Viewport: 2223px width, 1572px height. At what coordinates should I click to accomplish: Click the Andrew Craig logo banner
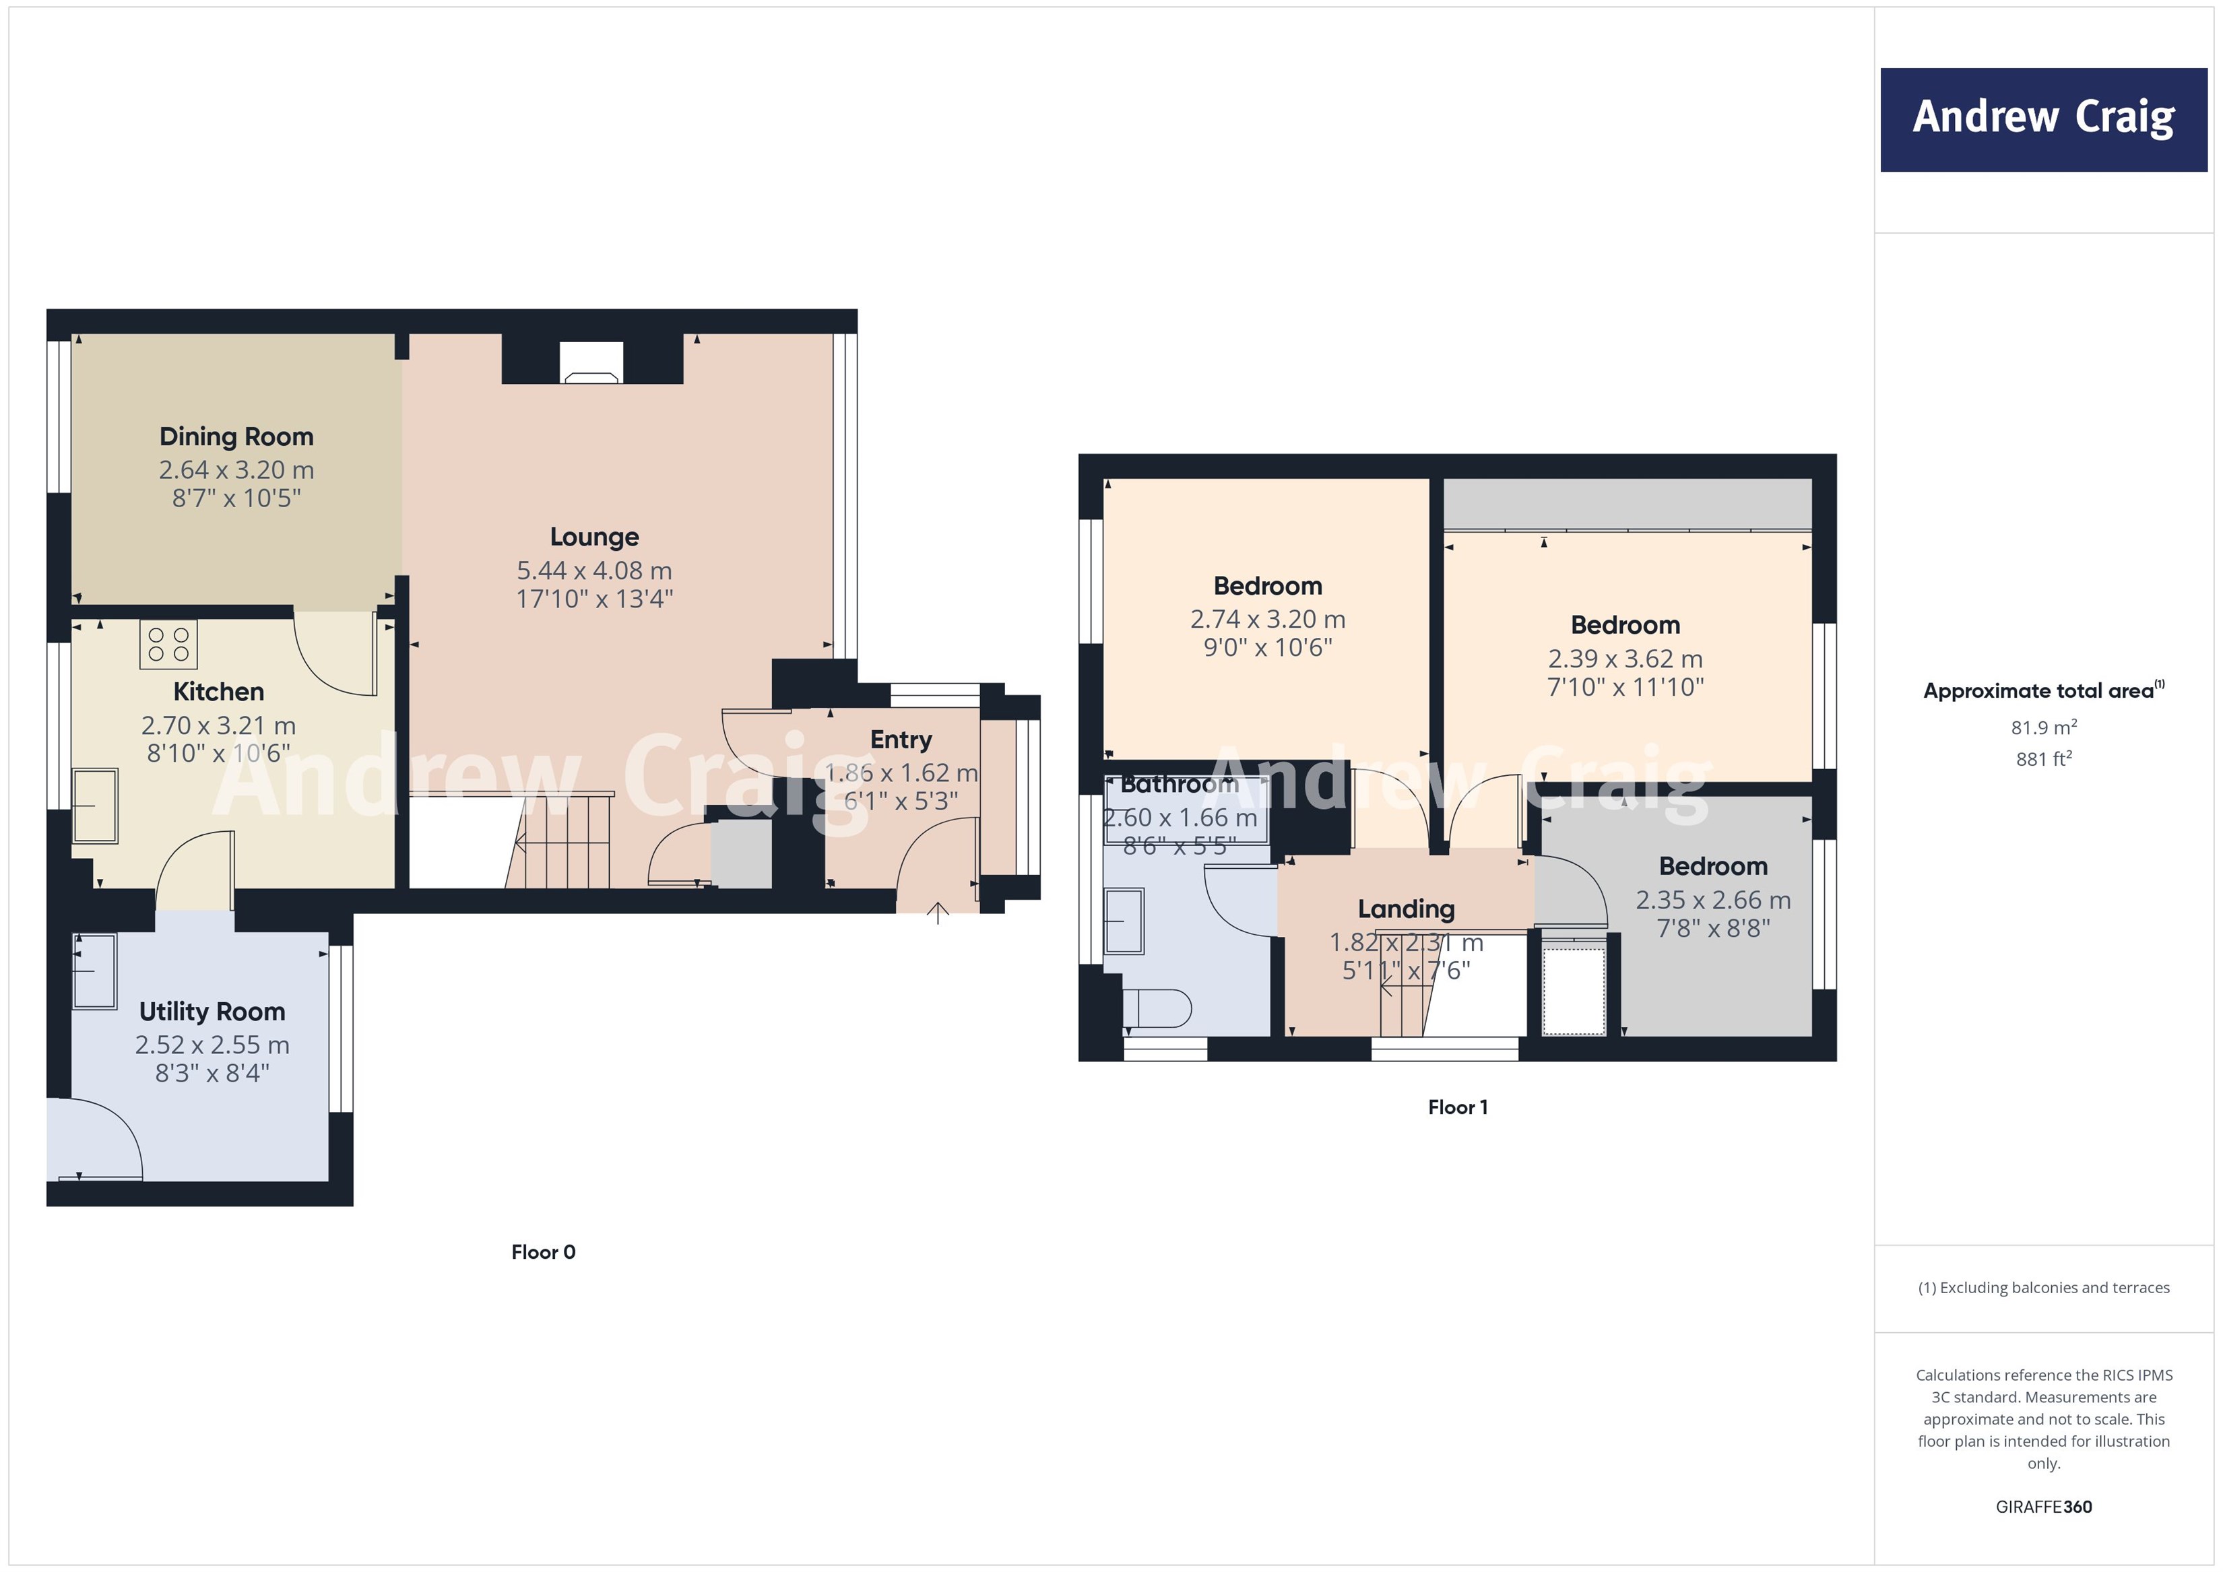click(x=2043, y=119)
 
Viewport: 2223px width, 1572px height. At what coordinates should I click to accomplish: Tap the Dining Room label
click(x=236, y=436)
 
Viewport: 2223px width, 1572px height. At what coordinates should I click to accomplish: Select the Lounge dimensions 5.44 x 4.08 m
click(x=593, y=570)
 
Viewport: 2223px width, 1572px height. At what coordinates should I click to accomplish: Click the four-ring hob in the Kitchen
click(x=168, y=645)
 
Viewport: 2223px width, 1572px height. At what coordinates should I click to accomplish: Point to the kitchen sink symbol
click(x=95, y=806)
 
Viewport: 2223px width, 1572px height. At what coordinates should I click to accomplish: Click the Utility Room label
click(x=212, y=1012)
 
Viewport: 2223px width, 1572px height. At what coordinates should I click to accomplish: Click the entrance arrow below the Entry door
click(x=937, y=912)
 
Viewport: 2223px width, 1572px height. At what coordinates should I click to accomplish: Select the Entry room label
click(x=901, y=740)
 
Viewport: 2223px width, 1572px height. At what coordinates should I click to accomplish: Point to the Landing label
click(x=1406, y=909)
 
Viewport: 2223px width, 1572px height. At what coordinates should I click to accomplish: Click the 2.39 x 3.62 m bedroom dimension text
click(x=1625, y=659)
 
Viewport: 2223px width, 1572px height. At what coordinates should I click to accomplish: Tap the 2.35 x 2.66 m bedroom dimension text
click(x=1713, y=900)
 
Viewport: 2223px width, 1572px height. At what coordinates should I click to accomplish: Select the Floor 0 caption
click(x=543, y=1251)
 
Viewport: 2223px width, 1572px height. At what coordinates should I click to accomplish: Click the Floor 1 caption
click(x=1457, y=1107)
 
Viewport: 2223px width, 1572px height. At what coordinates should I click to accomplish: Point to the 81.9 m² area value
click(x=2043, y=727)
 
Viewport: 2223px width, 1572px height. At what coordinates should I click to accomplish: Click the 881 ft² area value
click(x=2043, y=759)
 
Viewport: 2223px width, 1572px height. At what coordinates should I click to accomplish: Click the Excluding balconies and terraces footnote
click(x=2043, y=1287)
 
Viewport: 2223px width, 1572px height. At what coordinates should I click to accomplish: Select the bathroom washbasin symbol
click(x=1124, y=919)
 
